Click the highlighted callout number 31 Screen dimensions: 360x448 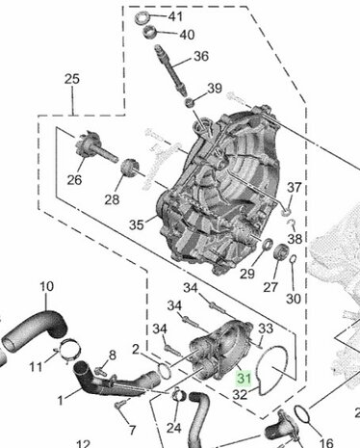point(244,378)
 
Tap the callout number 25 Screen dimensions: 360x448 point(72,79)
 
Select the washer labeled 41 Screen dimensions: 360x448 point(141,17)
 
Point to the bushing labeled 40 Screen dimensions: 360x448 point(149,32)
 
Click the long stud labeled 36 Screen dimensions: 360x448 point(170,69)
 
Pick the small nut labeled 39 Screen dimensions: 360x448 point(190,103)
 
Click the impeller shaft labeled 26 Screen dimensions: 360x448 point(94,146)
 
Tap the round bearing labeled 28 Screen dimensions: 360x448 point(130,167)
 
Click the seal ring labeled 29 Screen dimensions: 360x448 point(267,245)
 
